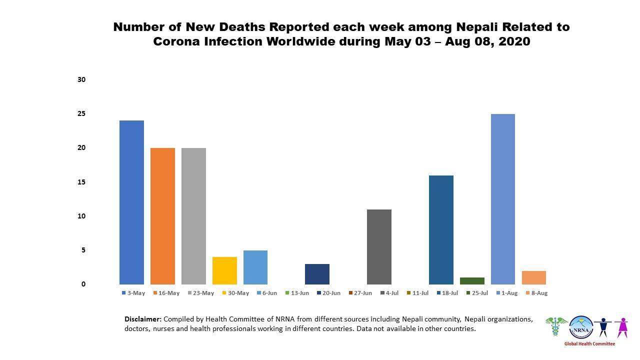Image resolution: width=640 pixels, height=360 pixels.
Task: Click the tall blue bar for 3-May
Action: [x=131, y=202]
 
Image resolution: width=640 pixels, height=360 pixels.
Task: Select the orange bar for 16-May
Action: [x=162, y=216]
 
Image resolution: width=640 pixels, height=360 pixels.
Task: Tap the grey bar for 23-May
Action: [x=193, y=216]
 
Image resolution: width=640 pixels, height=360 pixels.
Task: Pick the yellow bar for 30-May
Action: [x=224, y=270]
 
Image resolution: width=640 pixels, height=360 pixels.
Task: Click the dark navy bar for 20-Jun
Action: [x=317, y=274]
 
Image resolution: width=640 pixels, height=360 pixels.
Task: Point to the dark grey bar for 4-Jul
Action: [x=379, y=246]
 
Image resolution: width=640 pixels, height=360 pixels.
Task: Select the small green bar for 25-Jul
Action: [x=472, y=281]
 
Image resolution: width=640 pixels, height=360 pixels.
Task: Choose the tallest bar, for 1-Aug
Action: [x=502, y=199]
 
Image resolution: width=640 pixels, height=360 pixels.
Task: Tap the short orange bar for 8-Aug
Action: [x=533, y=277]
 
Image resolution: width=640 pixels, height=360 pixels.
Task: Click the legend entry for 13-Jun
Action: [x=297, y=293]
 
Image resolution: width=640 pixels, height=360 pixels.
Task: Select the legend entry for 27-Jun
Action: [x=360, y=293]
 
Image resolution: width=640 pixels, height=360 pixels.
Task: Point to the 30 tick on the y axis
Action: [x=81, y=79]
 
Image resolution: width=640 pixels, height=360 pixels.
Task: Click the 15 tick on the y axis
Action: [x=81, y=182]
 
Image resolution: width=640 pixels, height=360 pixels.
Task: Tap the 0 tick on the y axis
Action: [x=83, y=284]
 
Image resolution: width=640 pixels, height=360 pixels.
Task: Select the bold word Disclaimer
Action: [x=142, y=319]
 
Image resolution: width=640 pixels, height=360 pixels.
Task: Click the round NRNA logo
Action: [x=580, y=327]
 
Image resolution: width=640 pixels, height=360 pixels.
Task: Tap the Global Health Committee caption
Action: [x=589, y=343]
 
